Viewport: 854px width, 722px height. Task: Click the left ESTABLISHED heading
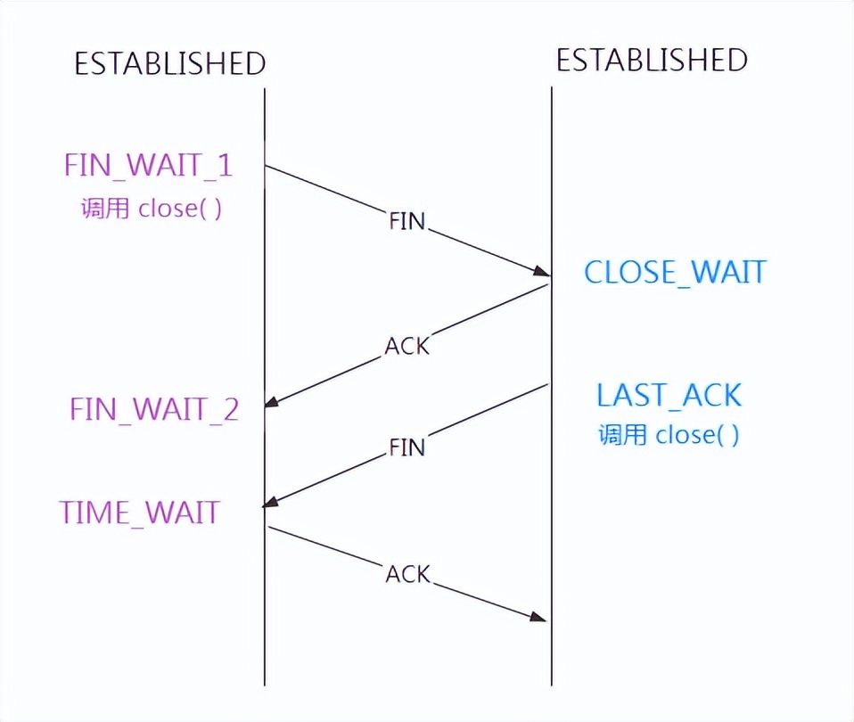(x=169, y=63)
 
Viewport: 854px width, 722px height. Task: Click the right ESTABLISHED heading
(x=652, y=60)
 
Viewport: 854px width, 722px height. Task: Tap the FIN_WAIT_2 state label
(x=154, y=410)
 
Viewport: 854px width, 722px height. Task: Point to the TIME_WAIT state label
(x=139, y=513)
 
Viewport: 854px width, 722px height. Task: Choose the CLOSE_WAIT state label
(x=675, y=272)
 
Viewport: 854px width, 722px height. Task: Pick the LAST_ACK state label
(x=669, y=395)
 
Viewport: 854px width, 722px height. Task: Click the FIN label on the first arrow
(x=407, y=221)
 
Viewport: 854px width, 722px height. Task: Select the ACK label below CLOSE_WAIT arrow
(x=407, y=346)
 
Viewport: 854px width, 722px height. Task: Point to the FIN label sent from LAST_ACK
(x=407, y=447)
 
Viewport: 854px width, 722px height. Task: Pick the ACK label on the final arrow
(x=407, y=575)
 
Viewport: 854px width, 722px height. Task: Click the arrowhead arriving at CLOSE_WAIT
(x=541, y=272)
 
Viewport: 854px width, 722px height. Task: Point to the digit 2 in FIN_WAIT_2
(x=230, y=410)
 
